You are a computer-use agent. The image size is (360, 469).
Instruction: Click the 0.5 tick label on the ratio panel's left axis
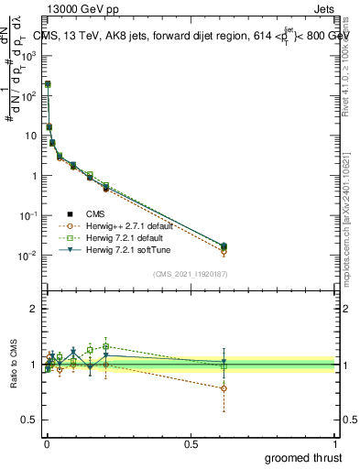[30, 420]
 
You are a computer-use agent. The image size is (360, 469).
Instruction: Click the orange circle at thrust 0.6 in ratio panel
[224, 388]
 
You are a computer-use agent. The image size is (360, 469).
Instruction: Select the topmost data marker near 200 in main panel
[48, 84]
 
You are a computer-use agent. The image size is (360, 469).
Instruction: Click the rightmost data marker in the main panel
[224, 246]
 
